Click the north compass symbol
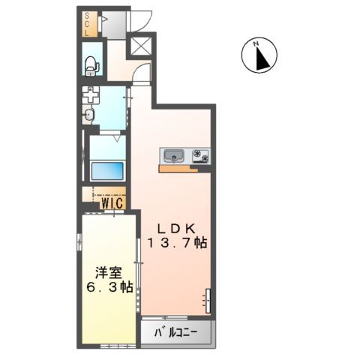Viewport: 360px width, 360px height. coord(259,56)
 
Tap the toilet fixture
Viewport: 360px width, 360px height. coord(92,64)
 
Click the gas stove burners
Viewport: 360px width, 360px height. coord(201,156)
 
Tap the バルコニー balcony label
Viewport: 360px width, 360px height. coord(177,332)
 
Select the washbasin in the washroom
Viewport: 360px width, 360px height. coord(89,115)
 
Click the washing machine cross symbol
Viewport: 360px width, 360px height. coord(91,96)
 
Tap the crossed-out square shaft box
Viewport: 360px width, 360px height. coord(140,46)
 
